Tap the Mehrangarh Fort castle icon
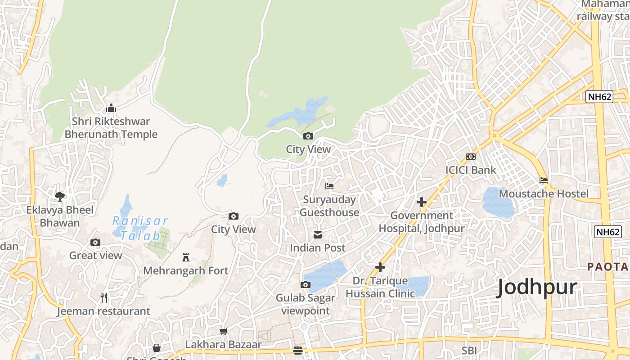pyautogui.click(x=185, y=257)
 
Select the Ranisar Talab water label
pyautogui.click(x=140, y=228)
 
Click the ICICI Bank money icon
pyautogui.click(x=471, y=157)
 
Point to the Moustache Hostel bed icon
pyautogui.click(x=544, y=180)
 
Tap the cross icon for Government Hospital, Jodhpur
pyautogui.click(x=421, y=202)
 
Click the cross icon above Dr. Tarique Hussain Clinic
pyautogui.click(x=380, y=267)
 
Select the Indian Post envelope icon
pyautogui.click(x=318, y=234)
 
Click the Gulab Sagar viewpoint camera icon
pyautogui.click(x=306, y=284)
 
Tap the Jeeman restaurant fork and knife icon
pyautogui.click(x=104, y=297)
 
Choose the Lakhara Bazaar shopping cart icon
pyautogui.click(x=223, y=332)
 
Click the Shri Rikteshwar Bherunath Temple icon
pyautogui.click(x=111, y=108)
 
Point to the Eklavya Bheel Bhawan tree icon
pyautogui.click(x=60, y=196)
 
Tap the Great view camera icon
pyautogui.click(x=95, y=242)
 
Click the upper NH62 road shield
pyautogui.click(x=599, y=96)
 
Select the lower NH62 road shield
pyautogui.click(x=607, y=232)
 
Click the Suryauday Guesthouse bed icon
pyautogui.click(x=329, y=186)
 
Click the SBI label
pyautogui.click(x=469, y=350)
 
